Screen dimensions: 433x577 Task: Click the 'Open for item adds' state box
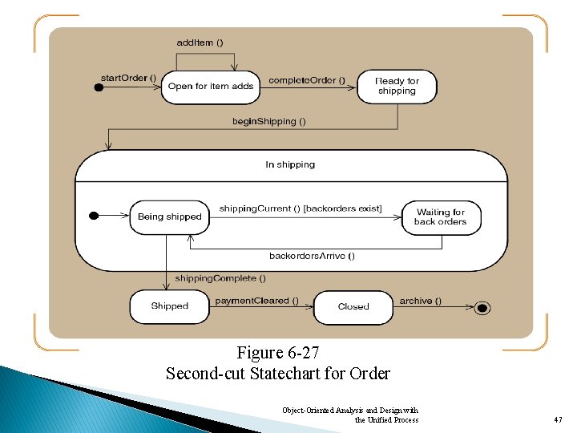212,87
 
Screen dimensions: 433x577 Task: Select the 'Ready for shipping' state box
397,86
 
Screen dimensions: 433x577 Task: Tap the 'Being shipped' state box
170,216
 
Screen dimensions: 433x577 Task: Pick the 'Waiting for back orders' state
440,216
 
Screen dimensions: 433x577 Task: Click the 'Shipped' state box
170,306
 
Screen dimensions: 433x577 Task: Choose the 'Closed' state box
353,306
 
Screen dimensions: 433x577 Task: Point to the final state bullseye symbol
482,306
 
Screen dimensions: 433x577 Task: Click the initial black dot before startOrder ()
99,87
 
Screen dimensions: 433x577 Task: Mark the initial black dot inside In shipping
94,215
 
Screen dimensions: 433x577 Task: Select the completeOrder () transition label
307,79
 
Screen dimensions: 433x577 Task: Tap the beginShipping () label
269,121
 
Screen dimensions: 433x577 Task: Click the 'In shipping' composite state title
290,164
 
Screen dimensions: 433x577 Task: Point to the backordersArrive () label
313,256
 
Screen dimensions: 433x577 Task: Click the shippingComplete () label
220,278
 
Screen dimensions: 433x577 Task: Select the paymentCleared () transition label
256,301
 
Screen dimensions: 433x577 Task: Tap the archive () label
420,301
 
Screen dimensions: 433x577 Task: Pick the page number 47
558,419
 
